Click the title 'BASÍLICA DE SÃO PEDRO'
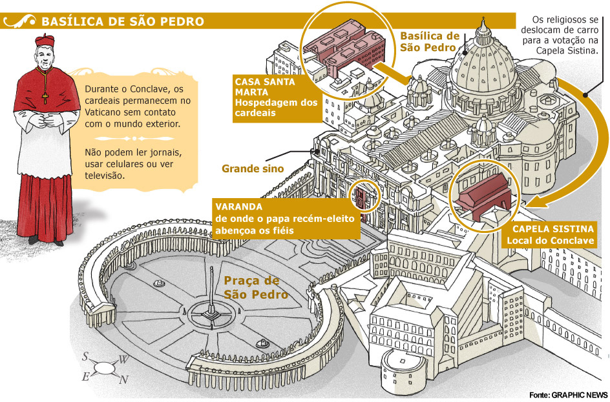tap(123, 21)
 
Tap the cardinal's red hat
tap(45, 43)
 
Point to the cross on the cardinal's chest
tap(45, 97)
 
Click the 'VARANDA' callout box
tap(284, 217)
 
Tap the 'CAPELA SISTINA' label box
tap(552, 234)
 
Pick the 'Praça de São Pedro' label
tap(256, 288)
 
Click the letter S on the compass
tap(85, 357)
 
